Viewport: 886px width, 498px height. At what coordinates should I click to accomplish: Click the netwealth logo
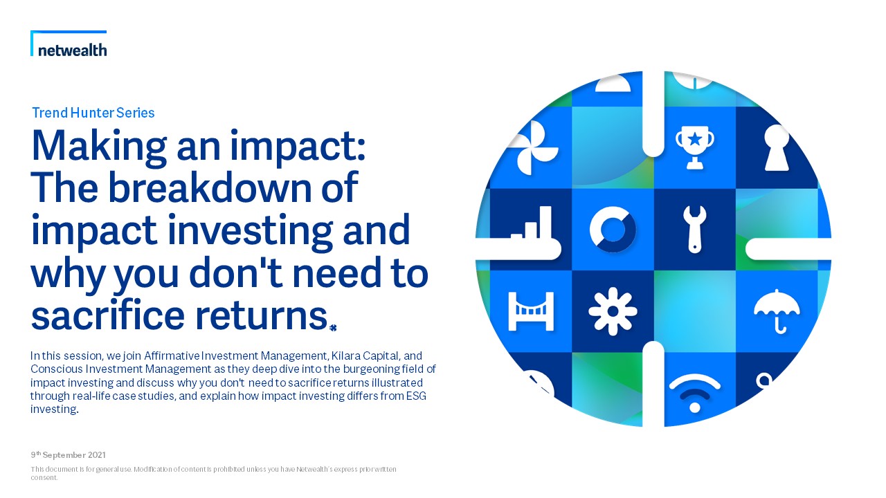(69, 44)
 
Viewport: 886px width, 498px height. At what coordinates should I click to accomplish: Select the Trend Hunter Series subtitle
(93, 113)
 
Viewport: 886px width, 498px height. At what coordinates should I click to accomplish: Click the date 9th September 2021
(69, 455)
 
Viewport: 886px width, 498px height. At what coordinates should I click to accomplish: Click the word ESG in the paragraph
(416, 396)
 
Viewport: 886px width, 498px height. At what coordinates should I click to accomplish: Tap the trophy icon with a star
(694, 147)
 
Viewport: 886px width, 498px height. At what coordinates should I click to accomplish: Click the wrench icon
(694, 229)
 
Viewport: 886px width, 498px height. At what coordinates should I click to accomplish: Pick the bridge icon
(531, 311)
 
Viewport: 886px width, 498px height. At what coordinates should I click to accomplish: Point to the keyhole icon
(777, 148)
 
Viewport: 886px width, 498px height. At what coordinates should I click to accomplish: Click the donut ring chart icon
(613, 229)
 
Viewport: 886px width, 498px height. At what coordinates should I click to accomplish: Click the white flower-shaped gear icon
(613, 311)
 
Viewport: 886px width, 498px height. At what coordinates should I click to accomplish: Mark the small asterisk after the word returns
(333, 328)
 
